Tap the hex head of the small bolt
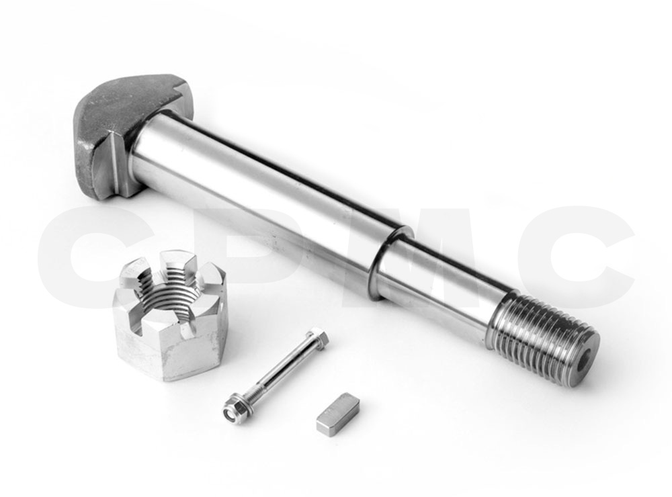(x=319, y=339)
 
